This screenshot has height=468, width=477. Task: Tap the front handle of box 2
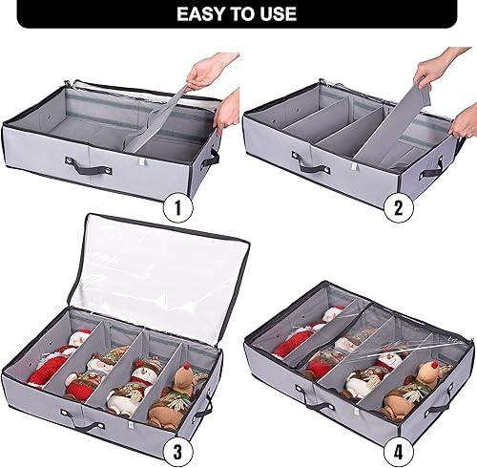click(x=312, y=164)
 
